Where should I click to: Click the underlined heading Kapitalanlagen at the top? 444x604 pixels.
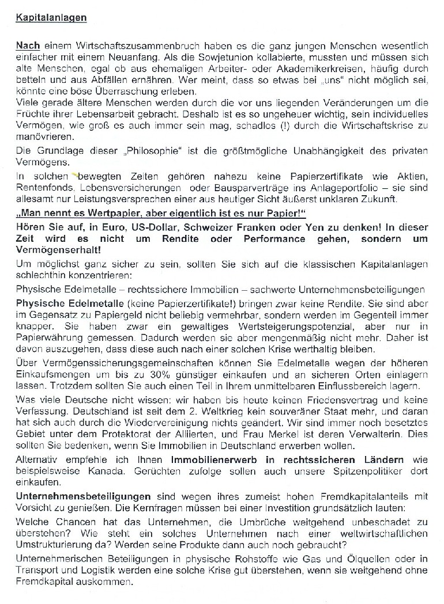pyautogui.click(x=51, y=18)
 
